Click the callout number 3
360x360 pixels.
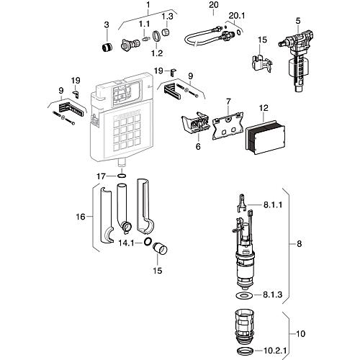coord(107,24)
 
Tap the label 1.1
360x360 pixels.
coord(144,24)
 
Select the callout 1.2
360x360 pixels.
coord(157,53)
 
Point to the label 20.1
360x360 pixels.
coord(237,16)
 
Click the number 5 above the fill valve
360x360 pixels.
coord(298,21)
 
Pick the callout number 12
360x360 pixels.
coord(264,108)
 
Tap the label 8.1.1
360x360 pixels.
coord(273,204)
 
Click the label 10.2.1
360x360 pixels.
coord(275,351)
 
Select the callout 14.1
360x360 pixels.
coord(126,243)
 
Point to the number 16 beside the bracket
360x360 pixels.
coord(81,217)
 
